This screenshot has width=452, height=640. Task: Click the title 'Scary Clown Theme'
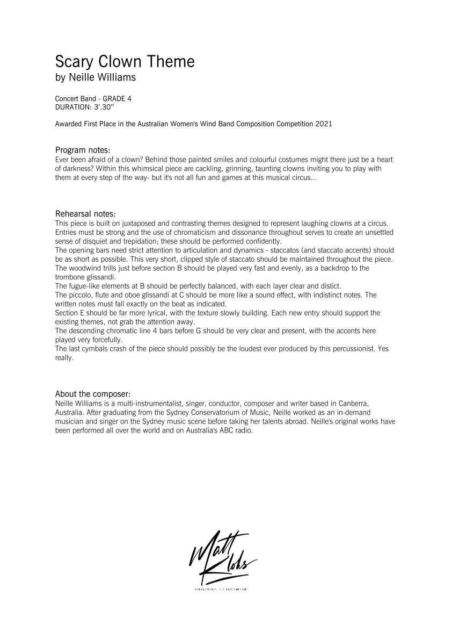point(125,62)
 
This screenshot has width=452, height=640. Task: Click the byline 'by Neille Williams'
point(96,77)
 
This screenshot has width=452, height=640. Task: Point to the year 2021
point(324,124)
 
